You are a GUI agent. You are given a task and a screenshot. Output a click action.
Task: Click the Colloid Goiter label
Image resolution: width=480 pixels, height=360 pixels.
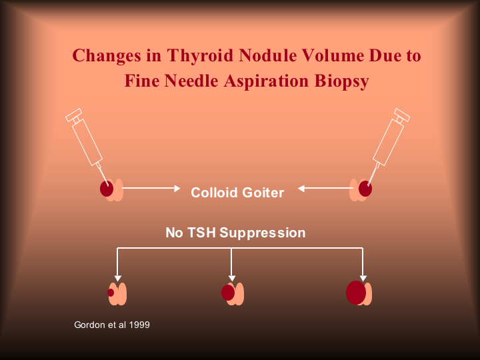point(237,193)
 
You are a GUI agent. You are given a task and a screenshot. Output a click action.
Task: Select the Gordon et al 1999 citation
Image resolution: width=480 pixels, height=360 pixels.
point(111,325)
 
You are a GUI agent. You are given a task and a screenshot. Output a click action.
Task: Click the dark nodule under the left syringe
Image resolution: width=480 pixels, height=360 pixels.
point(107,189)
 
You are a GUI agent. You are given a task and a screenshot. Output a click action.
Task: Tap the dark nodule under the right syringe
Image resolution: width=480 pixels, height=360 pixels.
point(365,189)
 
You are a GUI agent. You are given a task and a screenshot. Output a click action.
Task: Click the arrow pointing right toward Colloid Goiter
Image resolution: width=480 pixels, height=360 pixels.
point(152,189)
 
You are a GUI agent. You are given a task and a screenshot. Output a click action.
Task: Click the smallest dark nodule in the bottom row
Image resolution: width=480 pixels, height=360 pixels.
point(111,293)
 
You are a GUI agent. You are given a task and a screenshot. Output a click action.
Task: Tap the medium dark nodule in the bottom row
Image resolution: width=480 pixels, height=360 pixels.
point(228,293)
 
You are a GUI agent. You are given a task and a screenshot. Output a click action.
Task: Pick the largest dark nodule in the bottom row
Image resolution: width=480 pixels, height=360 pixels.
point(355,293)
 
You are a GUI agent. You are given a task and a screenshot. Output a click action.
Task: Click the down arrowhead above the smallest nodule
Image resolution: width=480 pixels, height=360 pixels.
point(117,277)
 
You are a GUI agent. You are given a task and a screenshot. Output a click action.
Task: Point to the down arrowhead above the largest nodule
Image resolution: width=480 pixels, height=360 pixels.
point(363,277)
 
